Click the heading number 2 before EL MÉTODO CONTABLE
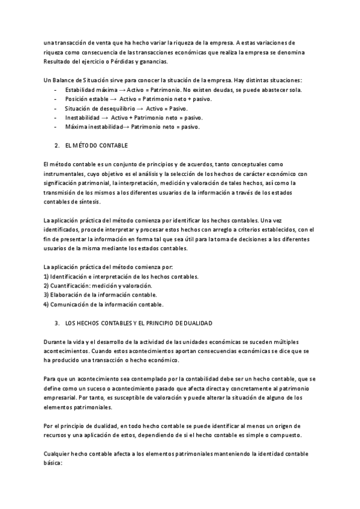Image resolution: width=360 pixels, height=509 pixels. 56,146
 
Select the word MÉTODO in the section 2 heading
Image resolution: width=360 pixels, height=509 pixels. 83,146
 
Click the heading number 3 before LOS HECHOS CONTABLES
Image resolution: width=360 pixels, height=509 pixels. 56,323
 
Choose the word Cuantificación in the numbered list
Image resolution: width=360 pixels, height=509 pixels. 70,286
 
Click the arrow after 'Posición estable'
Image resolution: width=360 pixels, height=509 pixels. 113,98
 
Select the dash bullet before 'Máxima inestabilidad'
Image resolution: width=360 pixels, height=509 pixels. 55,127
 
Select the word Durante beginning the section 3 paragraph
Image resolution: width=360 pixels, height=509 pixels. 55,342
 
